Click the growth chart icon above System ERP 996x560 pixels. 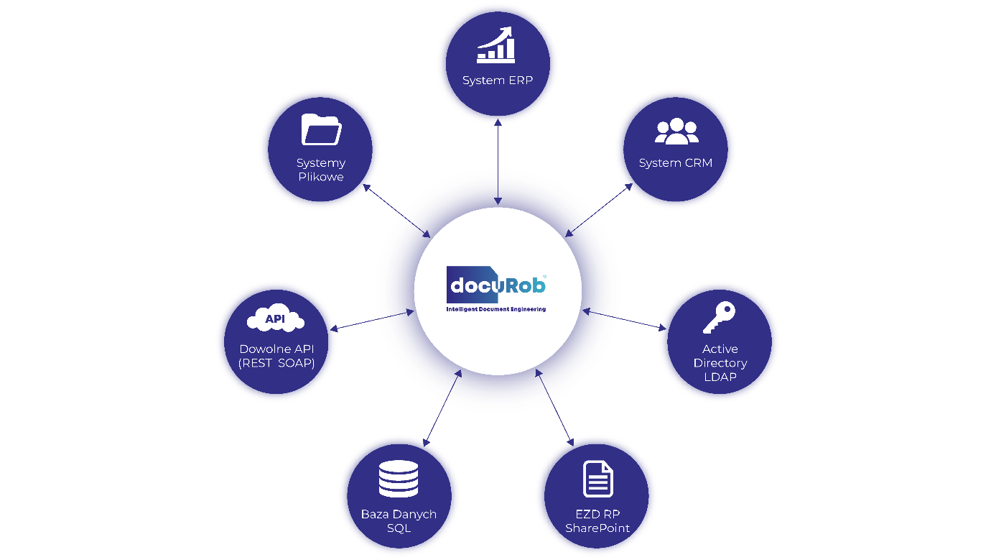[496, 45]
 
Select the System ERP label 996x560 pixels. [498, 81]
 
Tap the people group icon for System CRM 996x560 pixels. [676, 131]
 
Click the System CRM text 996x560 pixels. [676, 163]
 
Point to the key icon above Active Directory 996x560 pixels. [719, 317]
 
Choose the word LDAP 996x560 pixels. [720, 377]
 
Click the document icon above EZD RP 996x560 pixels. [597, 479]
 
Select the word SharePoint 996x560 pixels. [597, 528]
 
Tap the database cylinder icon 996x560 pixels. [399, 479]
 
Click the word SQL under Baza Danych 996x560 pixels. [399, 528]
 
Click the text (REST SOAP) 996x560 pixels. [276, 363]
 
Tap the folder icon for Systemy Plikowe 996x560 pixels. [321, 130]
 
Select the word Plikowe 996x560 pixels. [321, 177]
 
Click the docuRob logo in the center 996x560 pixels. [496, 285]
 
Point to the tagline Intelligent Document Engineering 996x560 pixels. [496, 309]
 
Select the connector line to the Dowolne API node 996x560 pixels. [359, 323]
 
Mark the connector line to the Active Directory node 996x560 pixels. [636, 322]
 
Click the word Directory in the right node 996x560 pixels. [720, 363]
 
